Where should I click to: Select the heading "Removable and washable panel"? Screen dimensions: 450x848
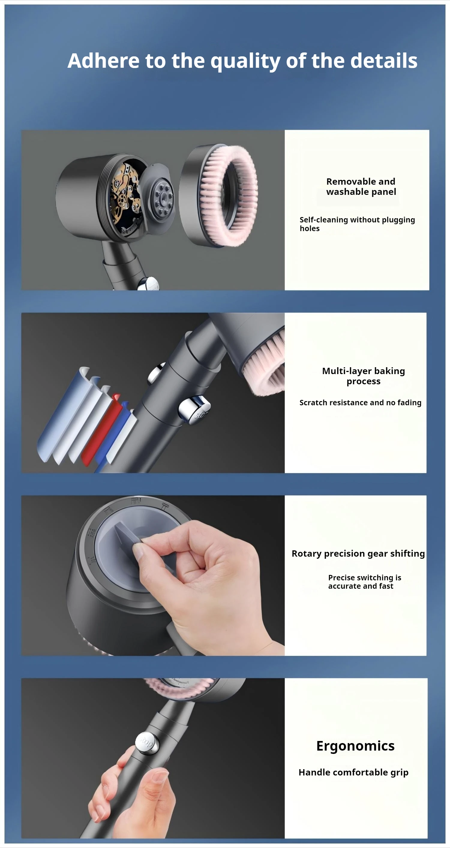361,186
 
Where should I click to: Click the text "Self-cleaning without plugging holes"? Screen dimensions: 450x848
357,224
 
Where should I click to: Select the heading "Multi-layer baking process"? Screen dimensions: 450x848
363,376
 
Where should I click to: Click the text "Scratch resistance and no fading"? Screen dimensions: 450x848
360,403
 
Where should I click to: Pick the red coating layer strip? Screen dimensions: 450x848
101,429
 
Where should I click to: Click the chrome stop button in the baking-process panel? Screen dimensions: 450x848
194,409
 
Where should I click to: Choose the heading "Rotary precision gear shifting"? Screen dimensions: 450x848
358,554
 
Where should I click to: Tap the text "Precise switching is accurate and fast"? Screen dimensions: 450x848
364,582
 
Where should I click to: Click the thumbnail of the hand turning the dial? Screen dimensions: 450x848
153,576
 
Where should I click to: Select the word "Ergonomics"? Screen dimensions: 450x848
355,746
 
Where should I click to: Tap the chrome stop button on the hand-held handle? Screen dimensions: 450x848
147,743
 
